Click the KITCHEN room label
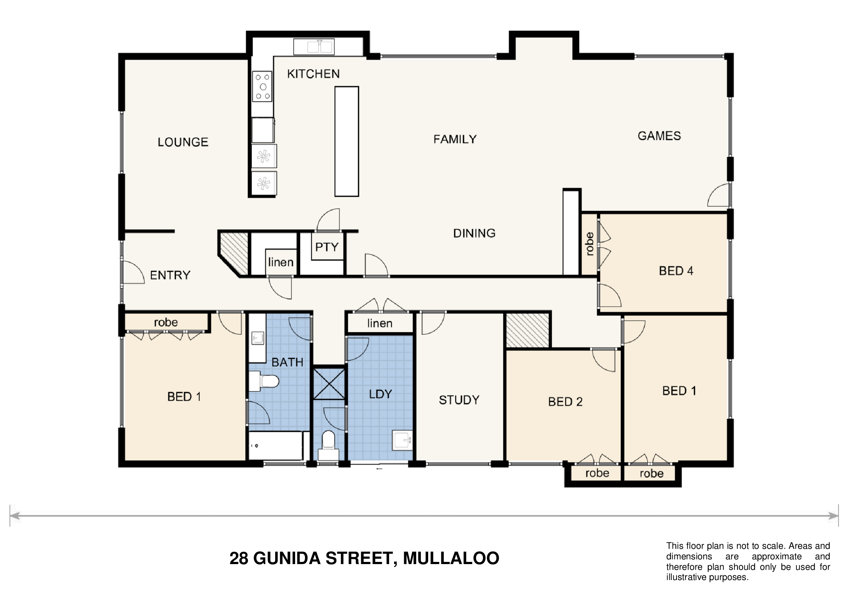pos(313,74)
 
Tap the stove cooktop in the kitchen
pos(262,87)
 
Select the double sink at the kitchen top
pos(314,47)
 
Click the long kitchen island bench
pos(347,141)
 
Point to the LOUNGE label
pos(183,142)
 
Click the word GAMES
pos(659,136)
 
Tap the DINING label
pos(474,233)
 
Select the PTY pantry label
pos(327,247)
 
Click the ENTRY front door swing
pos(133,272)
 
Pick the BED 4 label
pos(676,271)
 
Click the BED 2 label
pos(565,402)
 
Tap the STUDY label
pos(459,400)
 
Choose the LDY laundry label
pos(380,394)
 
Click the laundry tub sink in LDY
pos(402,440)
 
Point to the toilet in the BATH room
pos(264,381)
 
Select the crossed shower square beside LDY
pos(329,383)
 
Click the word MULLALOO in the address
pos(451,558)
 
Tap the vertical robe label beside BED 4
pos(590,244)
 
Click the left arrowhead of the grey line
pos(15,516)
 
